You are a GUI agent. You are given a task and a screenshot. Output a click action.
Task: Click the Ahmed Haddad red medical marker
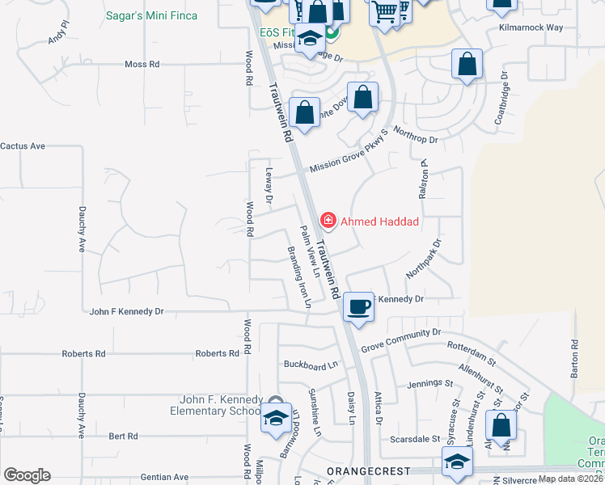[328, 220]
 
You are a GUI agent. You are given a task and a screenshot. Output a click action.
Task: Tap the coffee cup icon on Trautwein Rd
[359, 306]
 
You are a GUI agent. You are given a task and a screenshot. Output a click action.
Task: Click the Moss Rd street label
[142, 64]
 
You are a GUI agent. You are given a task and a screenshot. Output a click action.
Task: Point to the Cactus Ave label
[23, 146]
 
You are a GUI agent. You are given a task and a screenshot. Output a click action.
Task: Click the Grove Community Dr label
[400, 333]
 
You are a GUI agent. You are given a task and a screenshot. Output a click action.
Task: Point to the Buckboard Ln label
[310, 365]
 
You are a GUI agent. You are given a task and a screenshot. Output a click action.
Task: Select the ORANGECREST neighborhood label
[369, 470]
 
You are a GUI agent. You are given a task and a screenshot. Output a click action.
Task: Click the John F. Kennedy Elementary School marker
[276, 418]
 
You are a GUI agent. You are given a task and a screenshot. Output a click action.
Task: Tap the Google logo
[27, 474]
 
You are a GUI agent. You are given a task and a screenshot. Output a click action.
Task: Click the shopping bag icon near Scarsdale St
[501, 426]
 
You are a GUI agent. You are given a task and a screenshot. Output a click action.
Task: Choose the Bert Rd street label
[123, 436]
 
